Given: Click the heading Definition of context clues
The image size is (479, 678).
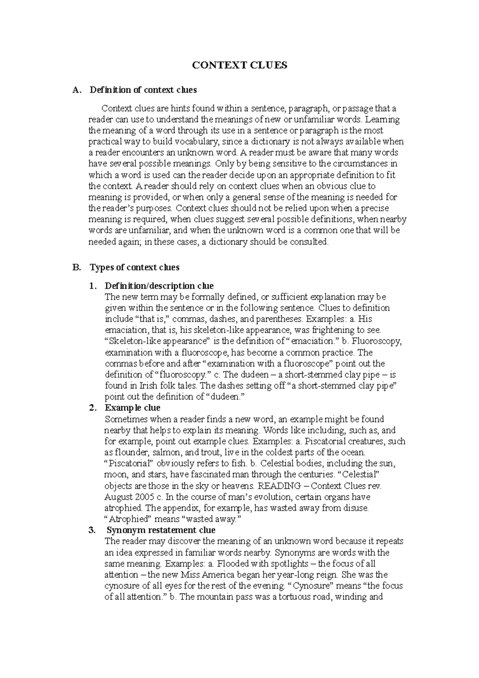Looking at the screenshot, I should [143, 90].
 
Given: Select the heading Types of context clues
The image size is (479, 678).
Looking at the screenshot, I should [135, 267].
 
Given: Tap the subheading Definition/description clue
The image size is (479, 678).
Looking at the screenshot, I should [159, 286].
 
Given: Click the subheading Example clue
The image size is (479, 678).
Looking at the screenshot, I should [132, 408].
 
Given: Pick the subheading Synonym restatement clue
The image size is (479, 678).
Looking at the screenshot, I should [161, 530].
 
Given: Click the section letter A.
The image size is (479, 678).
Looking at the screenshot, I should [76, 90].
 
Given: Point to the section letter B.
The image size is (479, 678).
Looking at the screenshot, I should [76, 267].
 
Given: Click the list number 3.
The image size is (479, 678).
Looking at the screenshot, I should [93, 530].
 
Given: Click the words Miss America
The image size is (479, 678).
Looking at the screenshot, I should [207, 575].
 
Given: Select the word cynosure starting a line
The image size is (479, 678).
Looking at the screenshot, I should [121, 586].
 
